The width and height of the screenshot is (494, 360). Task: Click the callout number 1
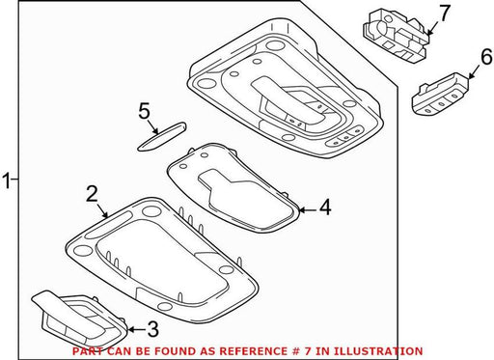[7, 180]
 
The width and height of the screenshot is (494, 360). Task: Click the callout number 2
[93, 194]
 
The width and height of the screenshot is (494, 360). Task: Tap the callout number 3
[152, 329]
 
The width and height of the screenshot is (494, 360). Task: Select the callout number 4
[325, 208]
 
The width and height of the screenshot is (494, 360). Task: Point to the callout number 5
[144, 111]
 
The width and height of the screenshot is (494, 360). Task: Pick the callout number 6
[486, 57]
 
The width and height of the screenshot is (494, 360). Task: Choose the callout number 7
[445, 14]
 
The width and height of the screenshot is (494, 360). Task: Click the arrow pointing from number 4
[308, 210]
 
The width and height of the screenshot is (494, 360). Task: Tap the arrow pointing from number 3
[136, 329]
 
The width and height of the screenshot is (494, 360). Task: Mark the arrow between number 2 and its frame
[102, 210]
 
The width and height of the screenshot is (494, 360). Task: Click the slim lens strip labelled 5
[162, 136]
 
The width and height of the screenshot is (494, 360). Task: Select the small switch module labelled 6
[440, 95]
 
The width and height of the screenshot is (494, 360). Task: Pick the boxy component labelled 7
[397, 35]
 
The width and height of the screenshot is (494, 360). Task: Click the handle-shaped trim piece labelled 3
[81, 319]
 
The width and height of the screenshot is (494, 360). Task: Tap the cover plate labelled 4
[233, 188]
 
